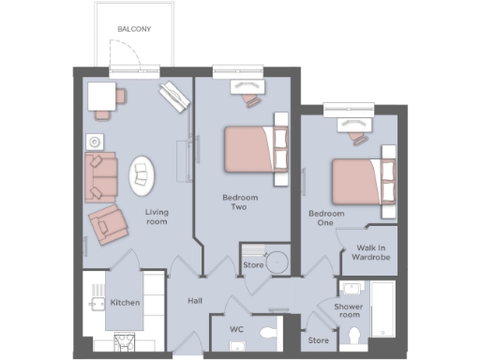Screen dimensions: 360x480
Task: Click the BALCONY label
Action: (x=134, y=29)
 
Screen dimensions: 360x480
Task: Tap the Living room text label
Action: (x=156, y=217)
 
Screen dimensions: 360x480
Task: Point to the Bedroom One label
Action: (x=326, y=219)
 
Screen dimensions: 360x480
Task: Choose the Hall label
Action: (x=194, y=302)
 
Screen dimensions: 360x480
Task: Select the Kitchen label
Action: (x=125, y=303)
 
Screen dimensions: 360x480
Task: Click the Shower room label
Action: (x=348, y=310)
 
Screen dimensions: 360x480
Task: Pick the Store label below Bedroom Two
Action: (x=253, y=265)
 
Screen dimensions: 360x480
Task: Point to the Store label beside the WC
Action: (x=319, y=340)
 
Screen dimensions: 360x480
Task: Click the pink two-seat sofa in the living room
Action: (x=99, y=176)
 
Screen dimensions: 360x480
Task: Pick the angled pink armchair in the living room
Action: (x=109, y=224)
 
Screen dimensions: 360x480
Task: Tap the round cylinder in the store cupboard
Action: (x=277, y=262)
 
